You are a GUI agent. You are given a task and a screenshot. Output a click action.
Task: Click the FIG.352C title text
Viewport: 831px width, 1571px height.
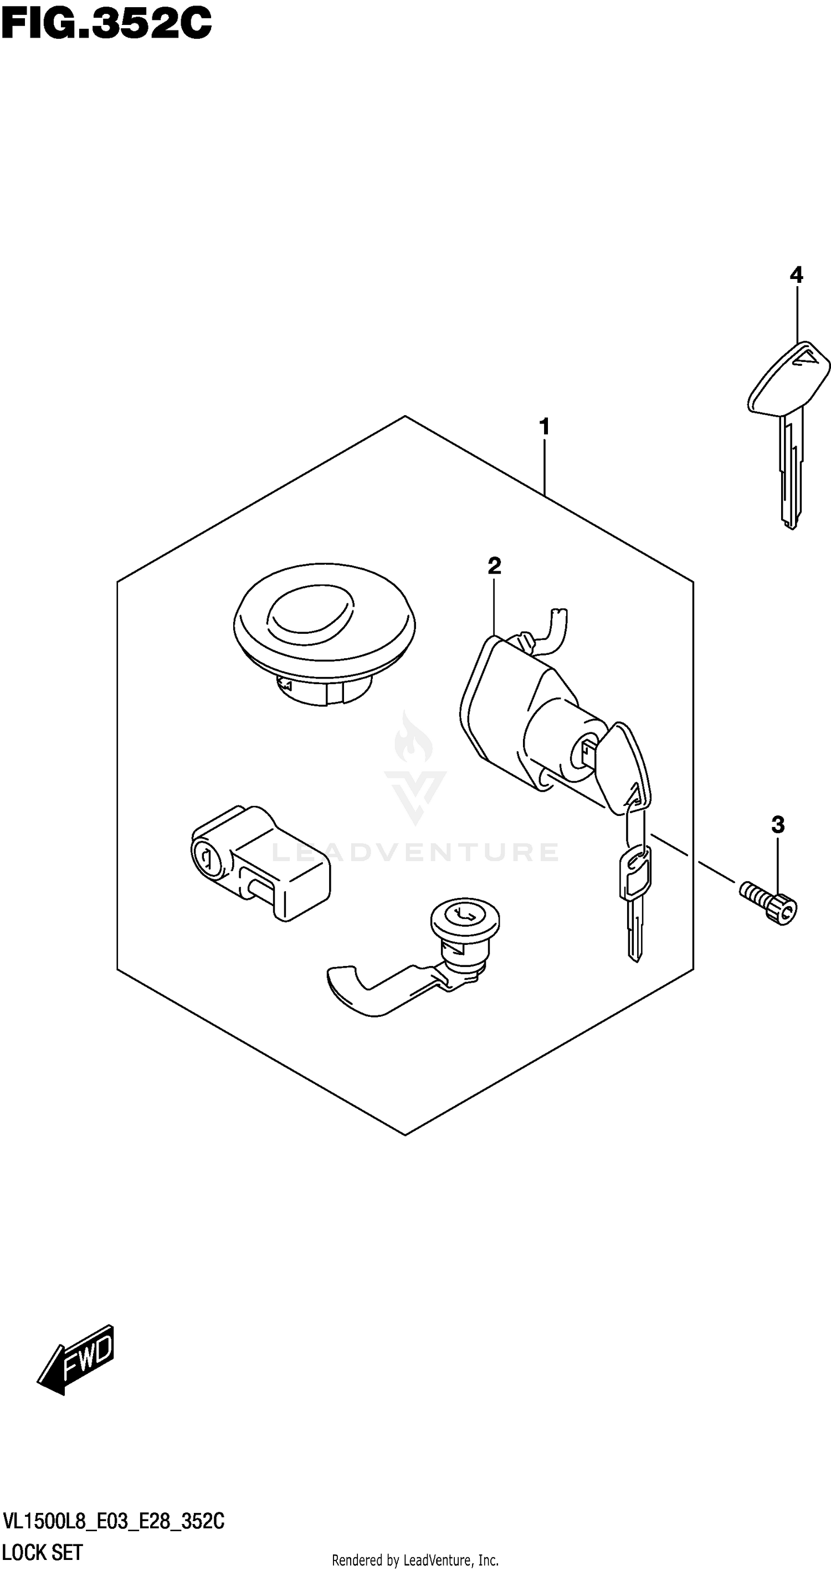[x=107, y=24]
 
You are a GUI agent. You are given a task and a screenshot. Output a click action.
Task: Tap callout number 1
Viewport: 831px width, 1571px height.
[x=544, y=426]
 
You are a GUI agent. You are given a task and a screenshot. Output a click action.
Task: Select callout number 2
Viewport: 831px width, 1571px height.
[x=494, y=565]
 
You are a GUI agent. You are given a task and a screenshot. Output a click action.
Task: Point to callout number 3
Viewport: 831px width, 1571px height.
[x=778, y=825]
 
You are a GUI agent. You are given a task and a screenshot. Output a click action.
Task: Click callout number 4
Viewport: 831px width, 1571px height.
[x=796, y=275]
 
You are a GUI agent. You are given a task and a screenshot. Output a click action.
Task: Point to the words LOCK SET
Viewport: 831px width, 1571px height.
[x=43, y=1552]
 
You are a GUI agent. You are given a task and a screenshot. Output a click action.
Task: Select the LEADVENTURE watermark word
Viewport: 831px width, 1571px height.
[x=415, y=851]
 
